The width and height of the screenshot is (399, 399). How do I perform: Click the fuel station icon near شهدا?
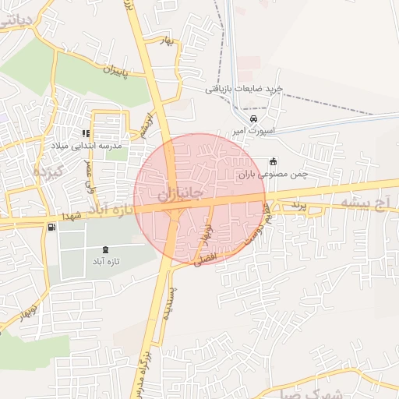point(51,228)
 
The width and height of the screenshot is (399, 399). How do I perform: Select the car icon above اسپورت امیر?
point(253,118)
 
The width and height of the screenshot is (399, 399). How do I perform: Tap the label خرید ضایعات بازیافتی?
point(243,89)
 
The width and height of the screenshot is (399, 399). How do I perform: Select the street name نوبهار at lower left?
point(23,312)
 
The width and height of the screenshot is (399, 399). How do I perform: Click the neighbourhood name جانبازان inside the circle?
point(180,192)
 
